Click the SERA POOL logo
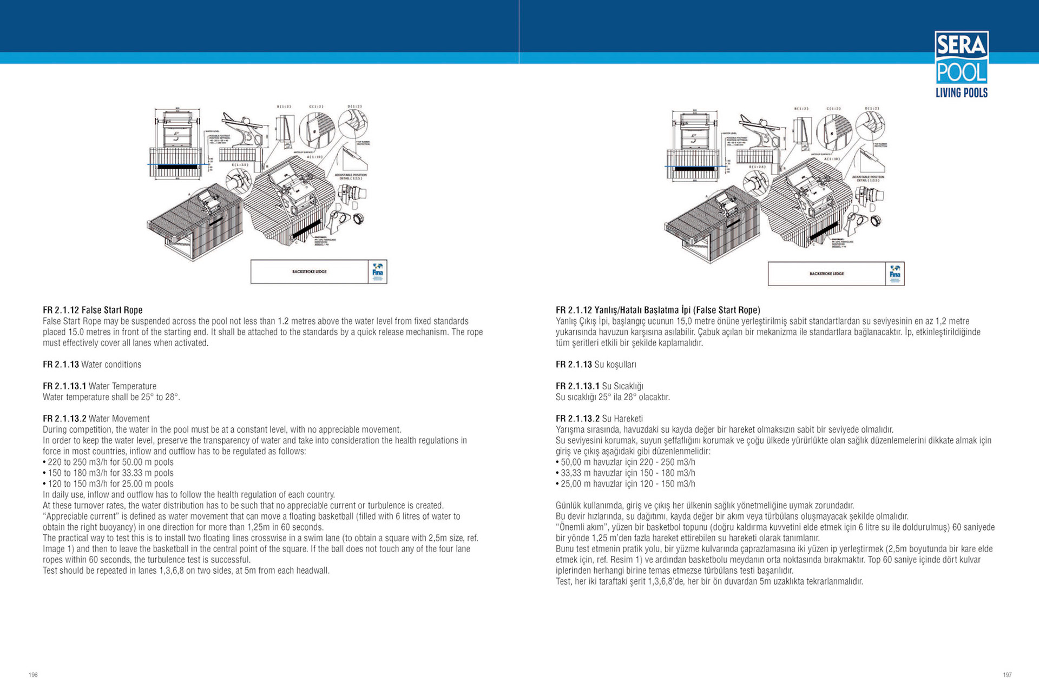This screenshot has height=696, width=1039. click(961, 64)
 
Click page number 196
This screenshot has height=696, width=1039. click(33, 675)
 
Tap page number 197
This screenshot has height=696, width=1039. click(1007, 675)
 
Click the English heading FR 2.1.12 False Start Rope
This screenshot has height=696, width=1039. click(93, 310)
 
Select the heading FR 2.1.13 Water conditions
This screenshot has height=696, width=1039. click(92, 364)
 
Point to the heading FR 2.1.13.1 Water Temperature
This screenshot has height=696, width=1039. click(100, 386)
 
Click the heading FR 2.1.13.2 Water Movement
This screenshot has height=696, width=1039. click(96, 419)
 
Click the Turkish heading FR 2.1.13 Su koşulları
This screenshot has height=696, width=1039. click(596, 364)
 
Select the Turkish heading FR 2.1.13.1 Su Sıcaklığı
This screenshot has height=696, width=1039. click(600, 386)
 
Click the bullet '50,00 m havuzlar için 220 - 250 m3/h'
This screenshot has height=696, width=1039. click(627, 462)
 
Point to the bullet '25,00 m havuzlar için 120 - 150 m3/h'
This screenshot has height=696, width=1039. click(627, 484)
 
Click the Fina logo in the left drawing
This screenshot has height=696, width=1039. click(378, 271)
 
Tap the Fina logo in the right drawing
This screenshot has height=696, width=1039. click(895, 274)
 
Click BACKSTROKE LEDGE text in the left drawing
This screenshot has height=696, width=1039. click(310, 271)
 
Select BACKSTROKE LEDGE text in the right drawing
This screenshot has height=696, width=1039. click(827, 274)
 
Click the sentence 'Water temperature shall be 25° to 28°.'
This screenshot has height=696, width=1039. click(111, 397)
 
